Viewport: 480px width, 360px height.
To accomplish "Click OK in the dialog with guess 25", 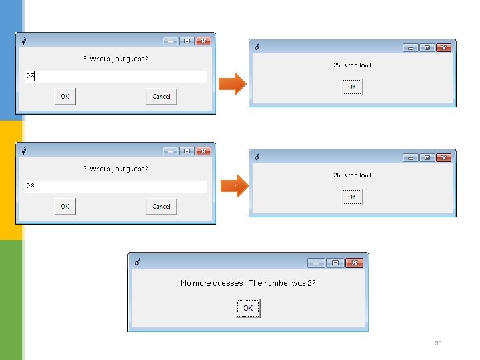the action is tap(65, 97).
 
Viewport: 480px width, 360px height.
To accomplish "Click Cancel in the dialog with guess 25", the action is tap(161, 97).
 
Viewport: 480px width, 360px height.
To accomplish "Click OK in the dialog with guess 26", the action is tap(65, 207).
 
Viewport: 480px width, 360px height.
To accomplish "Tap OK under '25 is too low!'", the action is tap(352, 87).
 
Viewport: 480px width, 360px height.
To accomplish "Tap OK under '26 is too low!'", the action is tap(352, 197).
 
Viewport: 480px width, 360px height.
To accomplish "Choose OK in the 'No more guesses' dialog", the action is tap(247, 309).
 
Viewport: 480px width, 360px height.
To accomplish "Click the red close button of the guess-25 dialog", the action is tap(203, 41).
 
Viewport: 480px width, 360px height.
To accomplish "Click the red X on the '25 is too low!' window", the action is tap(443, 48).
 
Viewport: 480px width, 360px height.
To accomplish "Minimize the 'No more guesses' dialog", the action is tap(317, 263).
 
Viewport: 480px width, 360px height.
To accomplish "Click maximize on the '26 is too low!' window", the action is tap(427, 158).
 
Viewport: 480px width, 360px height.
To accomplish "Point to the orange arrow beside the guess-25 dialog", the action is tap(233, 84).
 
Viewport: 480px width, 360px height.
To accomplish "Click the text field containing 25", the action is tap(115, 77).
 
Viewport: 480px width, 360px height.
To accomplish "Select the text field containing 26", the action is tap(115, 187).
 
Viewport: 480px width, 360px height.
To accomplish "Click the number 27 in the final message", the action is tap(311, 283).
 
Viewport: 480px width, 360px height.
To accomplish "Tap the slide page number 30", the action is tap(438, 344).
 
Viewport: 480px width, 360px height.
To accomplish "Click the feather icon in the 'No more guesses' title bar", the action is tap(137, 262).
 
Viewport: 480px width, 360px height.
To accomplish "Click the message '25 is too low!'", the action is tap(352, 65).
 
